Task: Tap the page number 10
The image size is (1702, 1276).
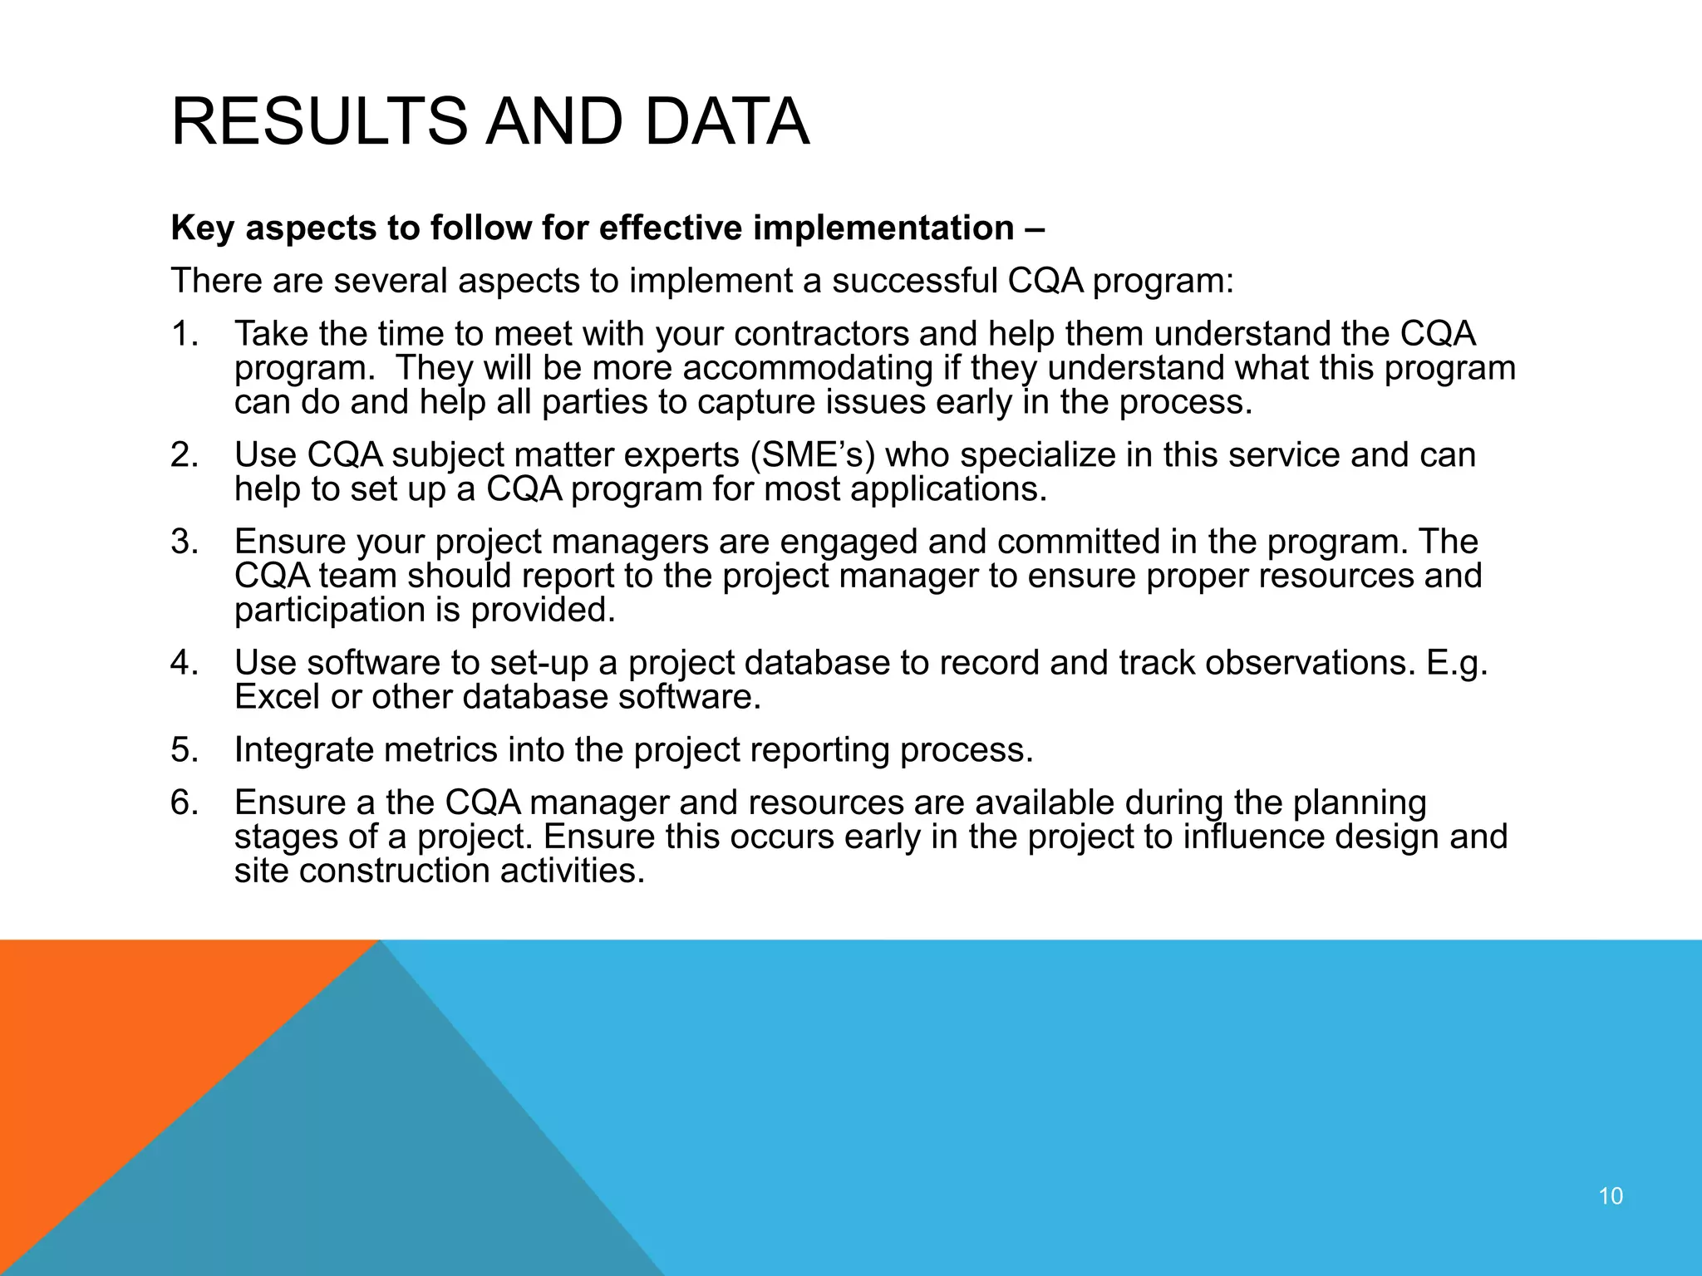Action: pyautogui.click(x=1611, y=1196)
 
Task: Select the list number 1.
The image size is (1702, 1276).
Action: pyautogui.click(x=184, y=334)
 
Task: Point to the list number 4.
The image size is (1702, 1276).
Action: pyautogui.click(x=184, y=663)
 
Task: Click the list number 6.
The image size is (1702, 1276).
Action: pyautogui.click(x=184, y=802)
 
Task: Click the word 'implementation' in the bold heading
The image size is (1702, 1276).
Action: pyautogui.click(x=883, y=228)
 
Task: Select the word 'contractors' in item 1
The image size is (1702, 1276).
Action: pyautogui.click(x=822, y=334)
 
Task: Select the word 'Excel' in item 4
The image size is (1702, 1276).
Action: pyautogui.click(x=277, y=697)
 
